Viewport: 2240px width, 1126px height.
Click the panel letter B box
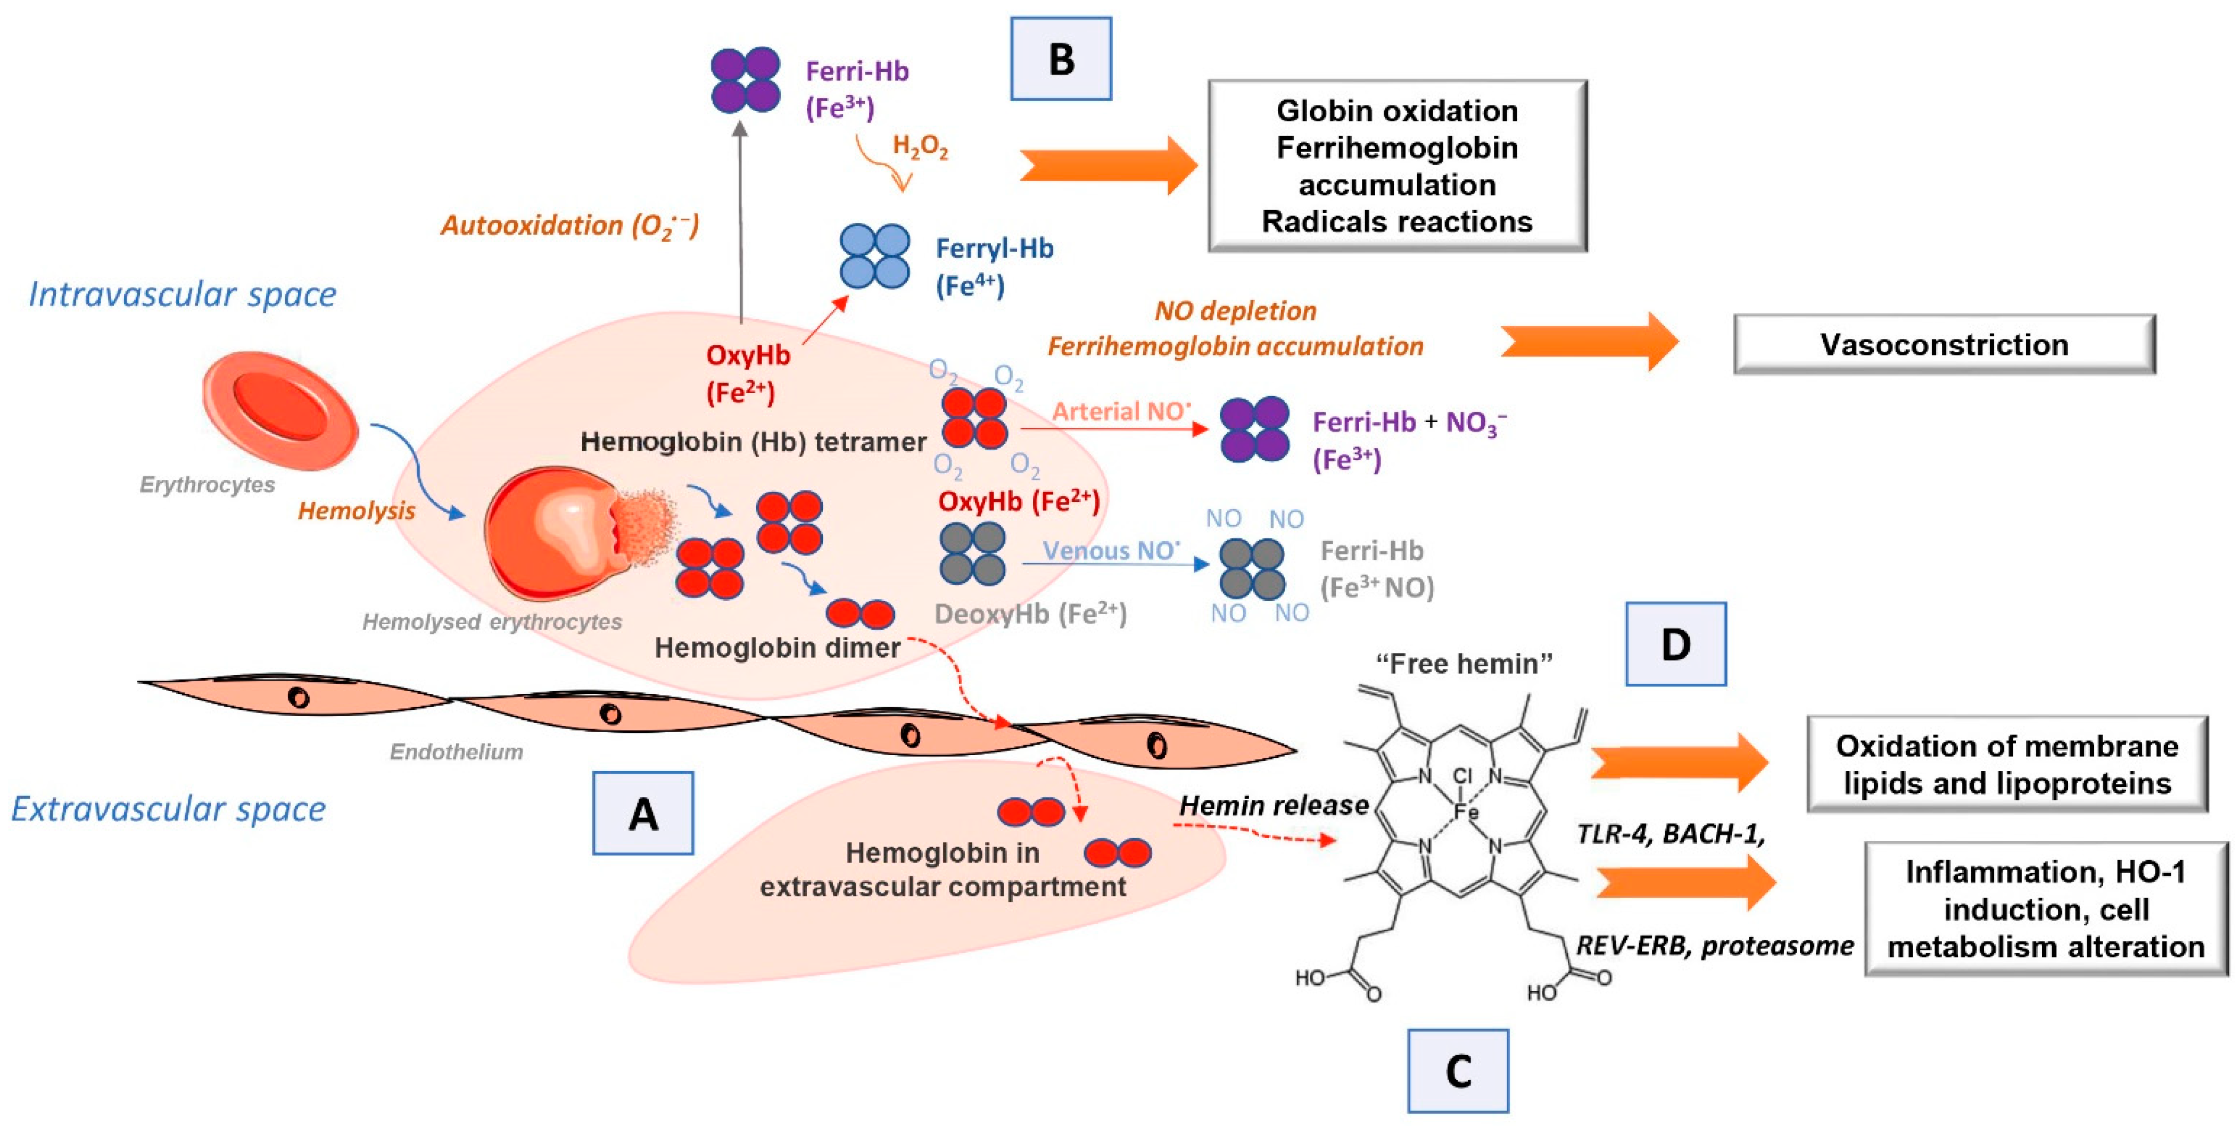coord(1060,59)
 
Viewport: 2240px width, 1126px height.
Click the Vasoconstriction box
coord(1944,344)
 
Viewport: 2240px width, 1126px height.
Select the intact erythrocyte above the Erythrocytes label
coord(280,410)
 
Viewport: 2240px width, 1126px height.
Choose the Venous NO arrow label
coord(1111,550)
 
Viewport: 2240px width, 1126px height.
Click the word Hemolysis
coord(357,510)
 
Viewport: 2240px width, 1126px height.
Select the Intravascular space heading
coord(183,294)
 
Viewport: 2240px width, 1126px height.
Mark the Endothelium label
coord(457,751)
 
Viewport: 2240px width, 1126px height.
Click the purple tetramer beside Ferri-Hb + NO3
coord(1254,429)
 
